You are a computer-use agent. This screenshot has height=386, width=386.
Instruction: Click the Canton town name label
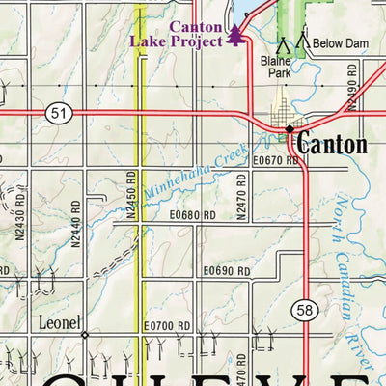coord(331,145)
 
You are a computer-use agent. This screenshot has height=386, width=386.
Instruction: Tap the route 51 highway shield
coord(57,114)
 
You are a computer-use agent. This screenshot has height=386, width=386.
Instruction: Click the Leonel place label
coord(59,322)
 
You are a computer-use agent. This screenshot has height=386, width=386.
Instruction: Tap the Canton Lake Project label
coord(183,35)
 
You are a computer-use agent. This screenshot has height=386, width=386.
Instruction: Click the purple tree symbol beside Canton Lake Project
coord(236,36)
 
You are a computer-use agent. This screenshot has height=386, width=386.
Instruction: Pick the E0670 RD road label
coord(275,161)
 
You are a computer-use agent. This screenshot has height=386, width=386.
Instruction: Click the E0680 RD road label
coord(193,215)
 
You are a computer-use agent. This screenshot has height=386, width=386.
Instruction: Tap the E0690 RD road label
coord(226,273)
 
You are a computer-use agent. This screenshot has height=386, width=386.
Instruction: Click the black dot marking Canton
coord(289,128)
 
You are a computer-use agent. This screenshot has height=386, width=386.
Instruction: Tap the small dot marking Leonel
coord(84,335)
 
